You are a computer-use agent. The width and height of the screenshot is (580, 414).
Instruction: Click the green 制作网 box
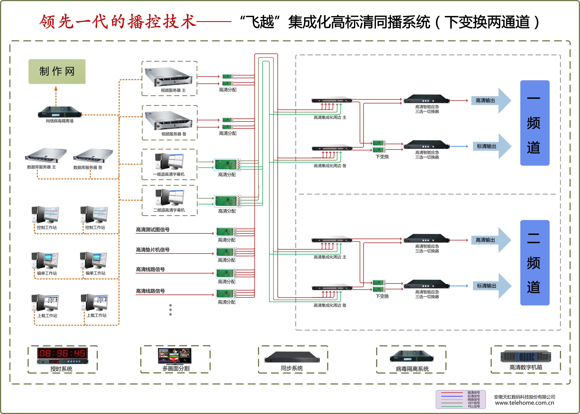[57, 71]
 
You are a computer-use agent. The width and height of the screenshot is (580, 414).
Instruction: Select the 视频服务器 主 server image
[168, 76]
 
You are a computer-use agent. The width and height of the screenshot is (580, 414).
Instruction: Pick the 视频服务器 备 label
[174, 134]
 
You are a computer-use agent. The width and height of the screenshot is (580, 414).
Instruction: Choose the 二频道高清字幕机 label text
[169, 210]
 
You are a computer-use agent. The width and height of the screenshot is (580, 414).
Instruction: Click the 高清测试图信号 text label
[153, 229]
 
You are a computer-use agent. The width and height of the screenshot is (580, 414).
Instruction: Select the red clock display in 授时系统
[63, 353]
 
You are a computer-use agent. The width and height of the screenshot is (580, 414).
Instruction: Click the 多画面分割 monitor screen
[175, 356]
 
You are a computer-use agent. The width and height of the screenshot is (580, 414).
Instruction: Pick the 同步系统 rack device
[292, 357]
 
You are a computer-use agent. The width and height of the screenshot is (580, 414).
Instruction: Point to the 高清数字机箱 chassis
[526, 356]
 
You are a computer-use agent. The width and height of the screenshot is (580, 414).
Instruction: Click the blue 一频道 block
[535, 123]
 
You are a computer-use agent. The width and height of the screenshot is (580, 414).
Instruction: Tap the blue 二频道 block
[535, 263]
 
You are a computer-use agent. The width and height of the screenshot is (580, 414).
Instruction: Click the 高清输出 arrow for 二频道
[490, 240]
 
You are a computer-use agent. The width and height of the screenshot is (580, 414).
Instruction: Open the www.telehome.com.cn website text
[524, 403]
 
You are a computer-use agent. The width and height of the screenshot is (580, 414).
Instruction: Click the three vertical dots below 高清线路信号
[171, 310]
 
